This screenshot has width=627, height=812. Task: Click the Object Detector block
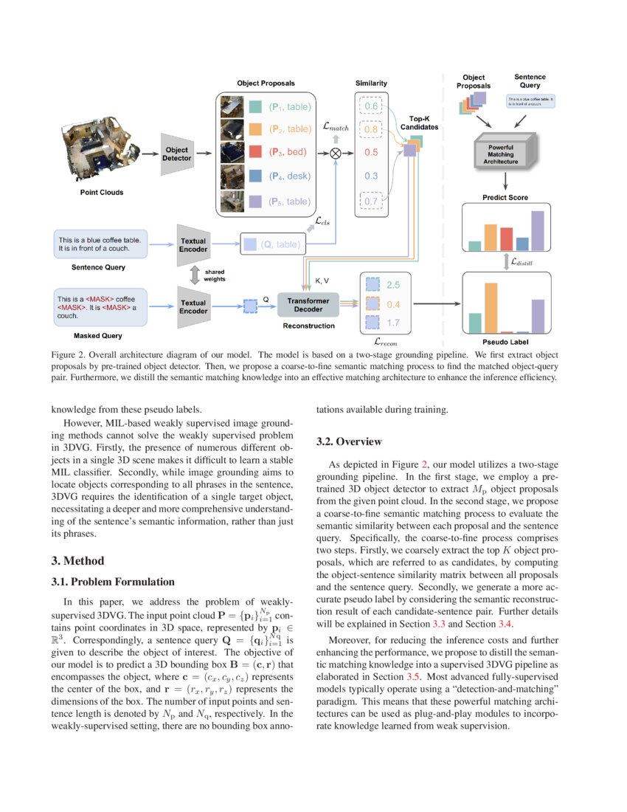coord(176,154)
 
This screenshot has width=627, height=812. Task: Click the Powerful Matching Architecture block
coord(505,151)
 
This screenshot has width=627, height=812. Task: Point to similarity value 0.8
coord(371,129)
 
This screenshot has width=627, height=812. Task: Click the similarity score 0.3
coord(371,176)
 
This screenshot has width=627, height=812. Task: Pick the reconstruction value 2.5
coord(393,285)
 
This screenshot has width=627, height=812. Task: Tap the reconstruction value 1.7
coord(393,323)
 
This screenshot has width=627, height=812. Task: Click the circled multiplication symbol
coord(336,153)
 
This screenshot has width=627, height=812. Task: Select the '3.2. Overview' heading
coord(349,441)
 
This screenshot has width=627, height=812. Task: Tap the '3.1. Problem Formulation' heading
coord(113,582)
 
